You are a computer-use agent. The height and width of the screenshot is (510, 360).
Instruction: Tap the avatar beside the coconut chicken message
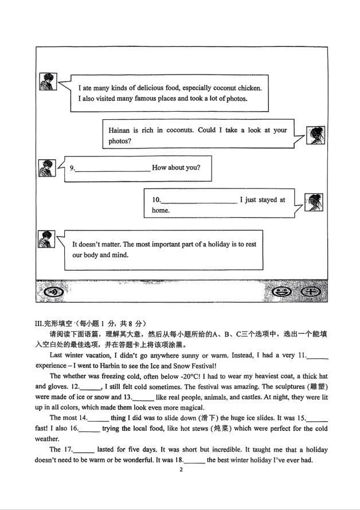click(x=48, y=82)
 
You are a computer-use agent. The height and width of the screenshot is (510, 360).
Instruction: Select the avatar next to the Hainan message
click(x=315, y=135)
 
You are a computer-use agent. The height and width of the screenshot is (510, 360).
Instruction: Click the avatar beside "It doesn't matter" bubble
click(x=46, y=240)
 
